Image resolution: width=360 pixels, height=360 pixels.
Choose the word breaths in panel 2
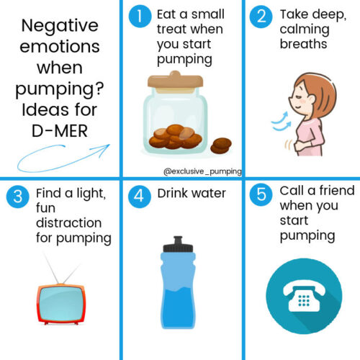pos(303,45)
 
